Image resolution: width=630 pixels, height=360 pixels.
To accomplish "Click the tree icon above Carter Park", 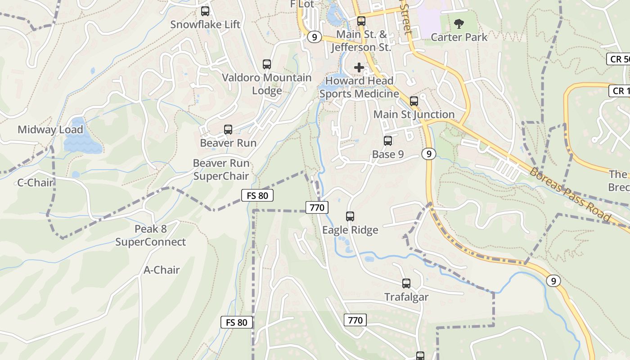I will click(459, 24).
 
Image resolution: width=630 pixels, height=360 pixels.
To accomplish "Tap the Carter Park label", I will click(459, 37).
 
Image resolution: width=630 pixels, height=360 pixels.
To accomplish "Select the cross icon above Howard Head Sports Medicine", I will click(359, 67).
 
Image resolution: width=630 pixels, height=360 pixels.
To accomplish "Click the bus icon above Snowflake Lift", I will click(205, 11).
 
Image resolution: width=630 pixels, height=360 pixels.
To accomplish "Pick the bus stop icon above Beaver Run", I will click(228, 130).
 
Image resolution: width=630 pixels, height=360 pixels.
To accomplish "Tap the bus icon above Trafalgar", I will click(406, 283).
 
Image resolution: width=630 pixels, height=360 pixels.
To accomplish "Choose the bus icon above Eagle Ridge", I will click(350, 216).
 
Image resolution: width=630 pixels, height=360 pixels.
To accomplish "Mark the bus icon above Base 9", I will click(388, 141).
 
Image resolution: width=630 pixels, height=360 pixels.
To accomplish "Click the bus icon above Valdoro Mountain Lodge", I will click(267, 64).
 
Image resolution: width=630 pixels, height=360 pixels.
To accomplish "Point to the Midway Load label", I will click(50, 130).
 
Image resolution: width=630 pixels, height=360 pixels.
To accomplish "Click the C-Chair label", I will click(36, 183).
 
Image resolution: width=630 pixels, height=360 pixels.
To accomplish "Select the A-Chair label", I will click(162, 270).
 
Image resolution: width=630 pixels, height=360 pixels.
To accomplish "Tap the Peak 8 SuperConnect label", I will click(150, 235).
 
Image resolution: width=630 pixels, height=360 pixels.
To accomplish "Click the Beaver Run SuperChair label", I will click(221, 169).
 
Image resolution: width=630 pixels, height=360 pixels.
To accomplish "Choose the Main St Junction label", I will click(414, 114).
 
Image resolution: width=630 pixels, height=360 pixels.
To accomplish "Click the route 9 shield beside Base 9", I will click(429, 154).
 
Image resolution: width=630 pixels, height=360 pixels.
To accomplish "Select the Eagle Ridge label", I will click(350, 230).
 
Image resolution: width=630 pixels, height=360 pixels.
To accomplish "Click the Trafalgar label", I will click(406, 297).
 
